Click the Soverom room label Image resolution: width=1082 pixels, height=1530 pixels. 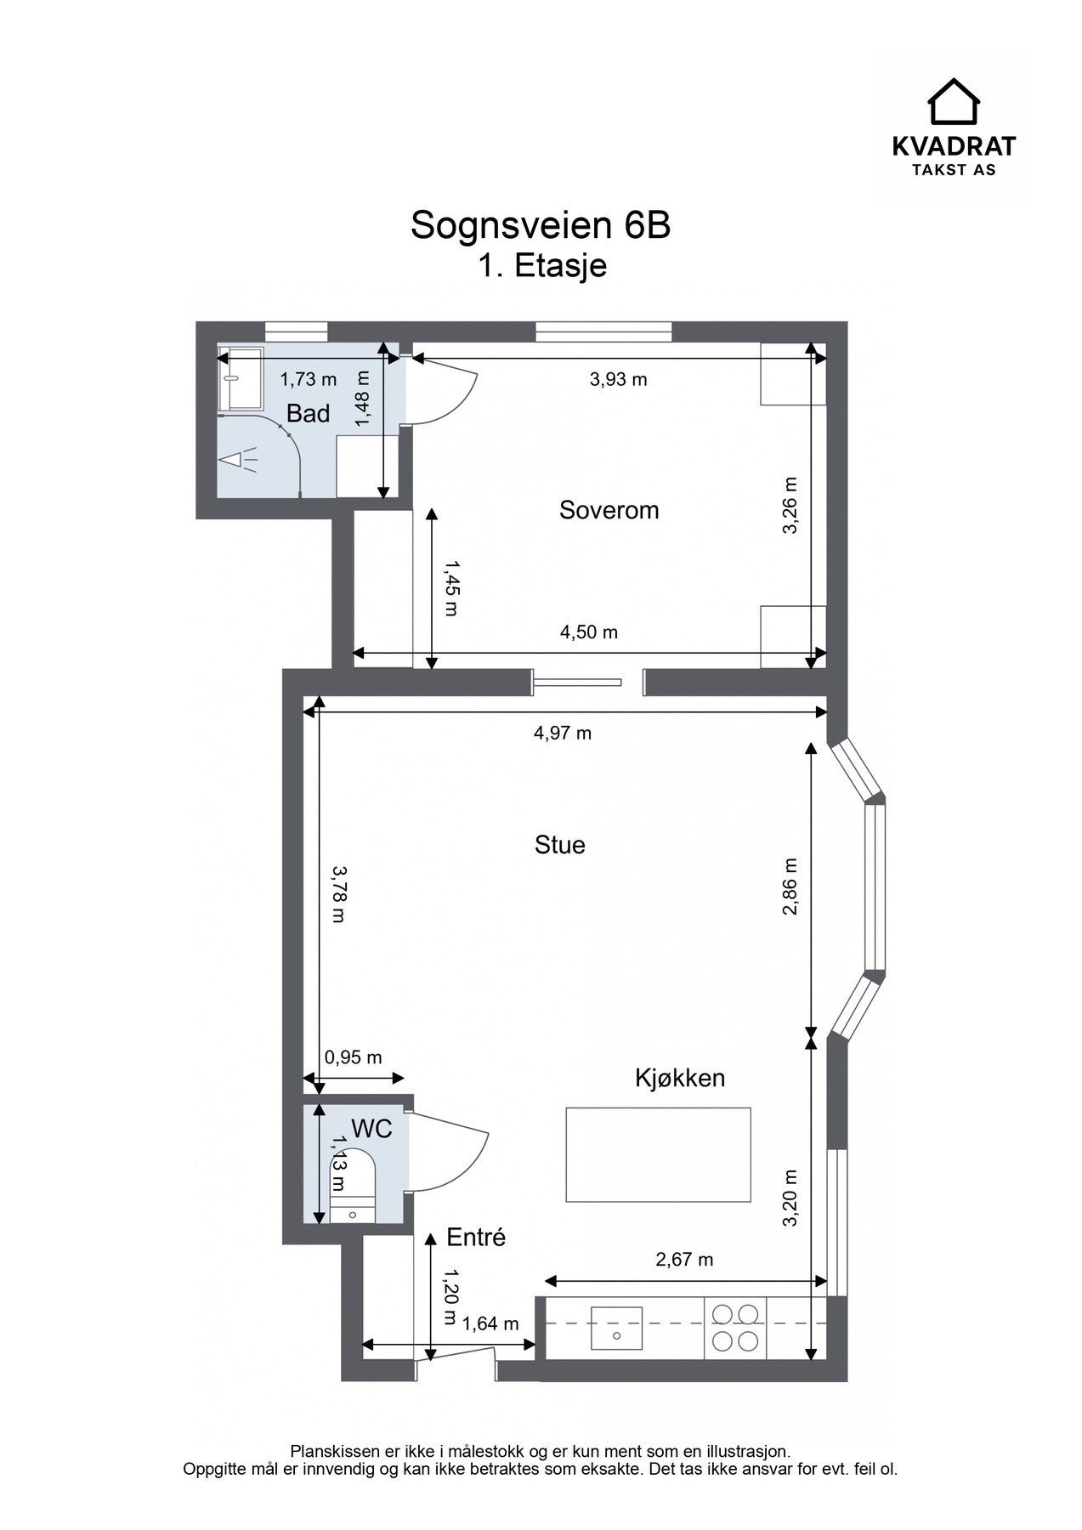(609, 510)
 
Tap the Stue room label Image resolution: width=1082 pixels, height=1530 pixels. (559, 845)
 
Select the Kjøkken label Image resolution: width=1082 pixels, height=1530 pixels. (680, 1078)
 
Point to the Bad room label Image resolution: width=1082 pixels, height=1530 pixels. (308, 414)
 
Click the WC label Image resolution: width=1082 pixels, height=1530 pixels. (371, 1129)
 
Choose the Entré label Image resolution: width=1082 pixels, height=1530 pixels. (476, 1238)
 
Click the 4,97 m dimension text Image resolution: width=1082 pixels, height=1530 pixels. (563, 733)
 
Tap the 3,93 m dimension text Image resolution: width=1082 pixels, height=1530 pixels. (619, 379)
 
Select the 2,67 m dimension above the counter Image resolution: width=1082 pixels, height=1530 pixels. (684, 1259)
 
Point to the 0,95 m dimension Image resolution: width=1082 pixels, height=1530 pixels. (354, 1057)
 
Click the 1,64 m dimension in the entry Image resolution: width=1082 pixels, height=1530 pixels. (490, 1323)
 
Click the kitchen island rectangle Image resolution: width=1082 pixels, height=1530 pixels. (659, 1154)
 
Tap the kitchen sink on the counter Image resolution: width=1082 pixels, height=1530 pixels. (616, 1323)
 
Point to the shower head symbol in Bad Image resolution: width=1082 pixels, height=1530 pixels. (238, 460)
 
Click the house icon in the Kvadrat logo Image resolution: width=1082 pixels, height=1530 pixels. (954, 101)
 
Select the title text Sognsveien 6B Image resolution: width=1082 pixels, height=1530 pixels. (541, 225)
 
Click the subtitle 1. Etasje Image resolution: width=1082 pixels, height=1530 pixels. (541, 266)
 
